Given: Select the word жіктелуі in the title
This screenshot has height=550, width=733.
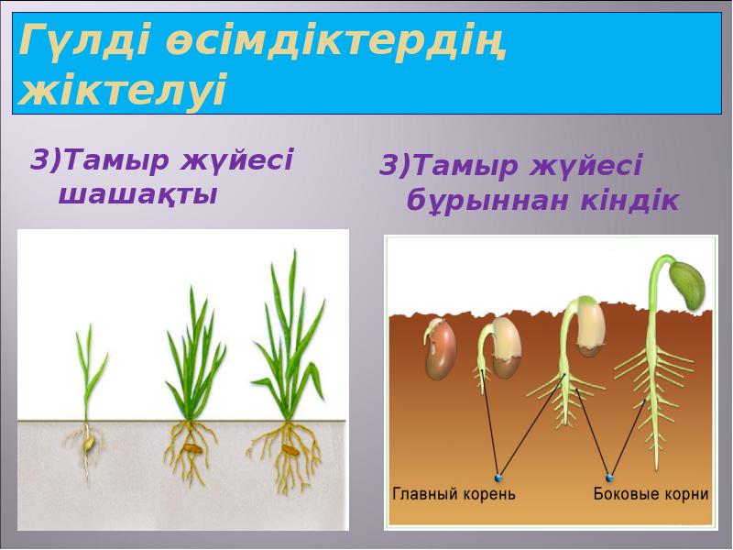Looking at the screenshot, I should click(123, 92).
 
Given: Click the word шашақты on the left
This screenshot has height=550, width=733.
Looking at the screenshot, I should click(137, 194).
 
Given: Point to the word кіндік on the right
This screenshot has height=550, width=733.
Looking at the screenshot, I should click(629, 201).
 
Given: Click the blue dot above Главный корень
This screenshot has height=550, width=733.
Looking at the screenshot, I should click(498, 477).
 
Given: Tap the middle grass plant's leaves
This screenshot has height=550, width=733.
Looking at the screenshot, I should click(193, 357).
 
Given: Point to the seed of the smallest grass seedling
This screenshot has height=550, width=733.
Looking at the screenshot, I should click(89, 444).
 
